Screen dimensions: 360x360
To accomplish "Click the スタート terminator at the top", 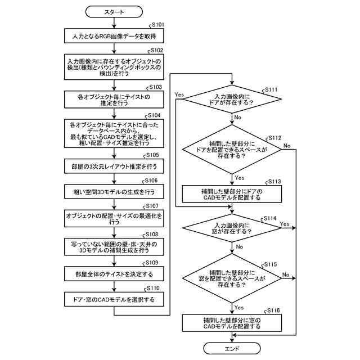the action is point(114,12).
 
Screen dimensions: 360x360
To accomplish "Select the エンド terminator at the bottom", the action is point(232,349).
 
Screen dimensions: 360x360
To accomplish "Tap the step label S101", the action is point(158,25).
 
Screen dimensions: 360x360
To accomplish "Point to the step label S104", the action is point(154,115).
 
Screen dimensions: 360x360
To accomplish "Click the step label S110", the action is point(153,288).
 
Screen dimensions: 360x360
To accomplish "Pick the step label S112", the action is point(275,138).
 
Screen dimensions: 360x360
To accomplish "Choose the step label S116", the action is point(273,310).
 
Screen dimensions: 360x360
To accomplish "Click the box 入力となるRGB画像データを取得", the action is point(114,36).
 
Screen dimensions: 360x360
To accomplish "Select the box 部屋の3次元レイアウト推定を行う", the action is point(114,166).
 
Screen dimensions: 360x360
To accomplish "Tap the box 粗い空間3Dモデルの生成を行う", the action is point(114,192).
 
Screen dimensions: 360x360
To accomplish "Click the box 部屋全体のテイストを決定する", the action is point(114,274).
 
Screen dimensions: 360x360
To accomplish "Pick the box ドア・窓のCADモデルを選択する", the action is point(114,299).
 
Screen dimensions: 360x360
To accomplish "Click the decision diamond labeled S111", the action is point(232,99).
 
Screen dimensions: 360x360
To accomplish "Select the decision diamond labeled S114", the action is point(232,228).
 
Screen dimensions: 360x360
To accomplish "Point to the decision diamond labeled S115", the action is point(232,278).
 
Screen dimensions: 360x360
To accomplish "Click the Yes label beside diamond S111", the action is point(179,94).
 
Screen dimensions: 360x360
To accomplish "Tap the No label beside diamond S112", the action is point(287,146).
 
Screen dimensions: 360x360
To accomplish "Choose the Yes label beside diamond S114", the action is point(285,224).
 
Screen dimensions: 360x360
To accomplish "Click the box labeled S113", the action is point(232,194).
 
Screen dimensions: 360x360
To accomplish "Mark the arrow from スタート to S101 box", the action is point(114,23).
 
